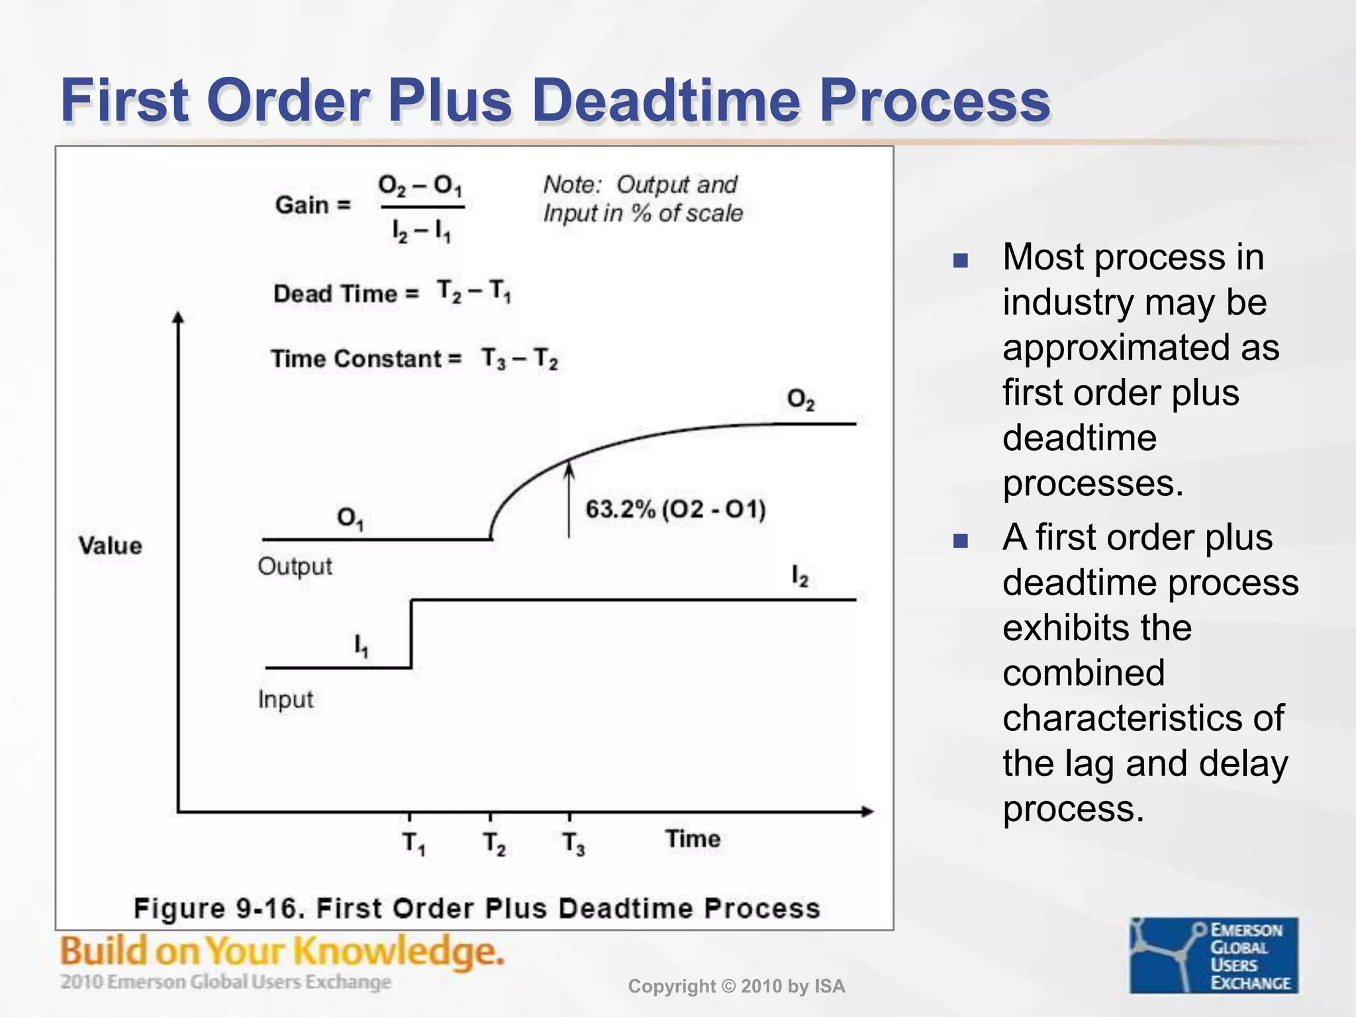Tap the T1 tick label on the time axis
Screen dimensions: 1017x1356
[x=414, y=844]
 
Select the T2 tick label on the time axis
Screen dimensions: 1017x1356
[x=494, y=844]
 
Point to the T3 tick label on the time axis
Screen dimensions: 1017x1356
[x=573, y=844]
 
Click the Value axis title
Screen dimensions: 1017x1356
[x=110, y=546]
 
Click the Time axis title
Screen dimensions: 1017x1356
[x=693, y=839]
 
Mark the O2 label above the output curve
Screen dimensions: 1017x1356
[x=800, y=399]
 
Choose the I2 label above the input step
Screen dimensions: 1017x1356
[x=800, y=576]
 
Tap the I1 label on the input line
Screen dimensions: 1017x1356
[x=361, y=645]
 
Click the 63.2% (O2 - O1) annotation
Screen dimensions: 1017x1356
[x=675, y=510]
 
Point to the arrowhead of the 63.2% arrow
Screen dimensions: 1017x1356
[x=569, y=469]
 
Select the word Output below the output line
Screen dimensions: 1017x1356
[x=295, y=566]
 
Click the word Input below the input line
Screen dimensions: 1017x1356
[x=285, y=699]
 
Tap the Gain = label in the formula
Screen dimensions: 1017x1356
[x=313, y=205]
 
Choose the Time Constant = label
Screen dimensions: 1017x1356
[x=366, y=359]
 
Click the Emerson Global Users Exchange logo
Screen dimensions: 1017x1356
[x=1214, y=955]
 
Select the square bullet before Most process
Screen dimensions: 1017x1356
[x=960, y=260]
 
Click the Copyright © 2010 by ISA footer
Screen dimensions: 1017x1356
[x=736, y=987]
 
